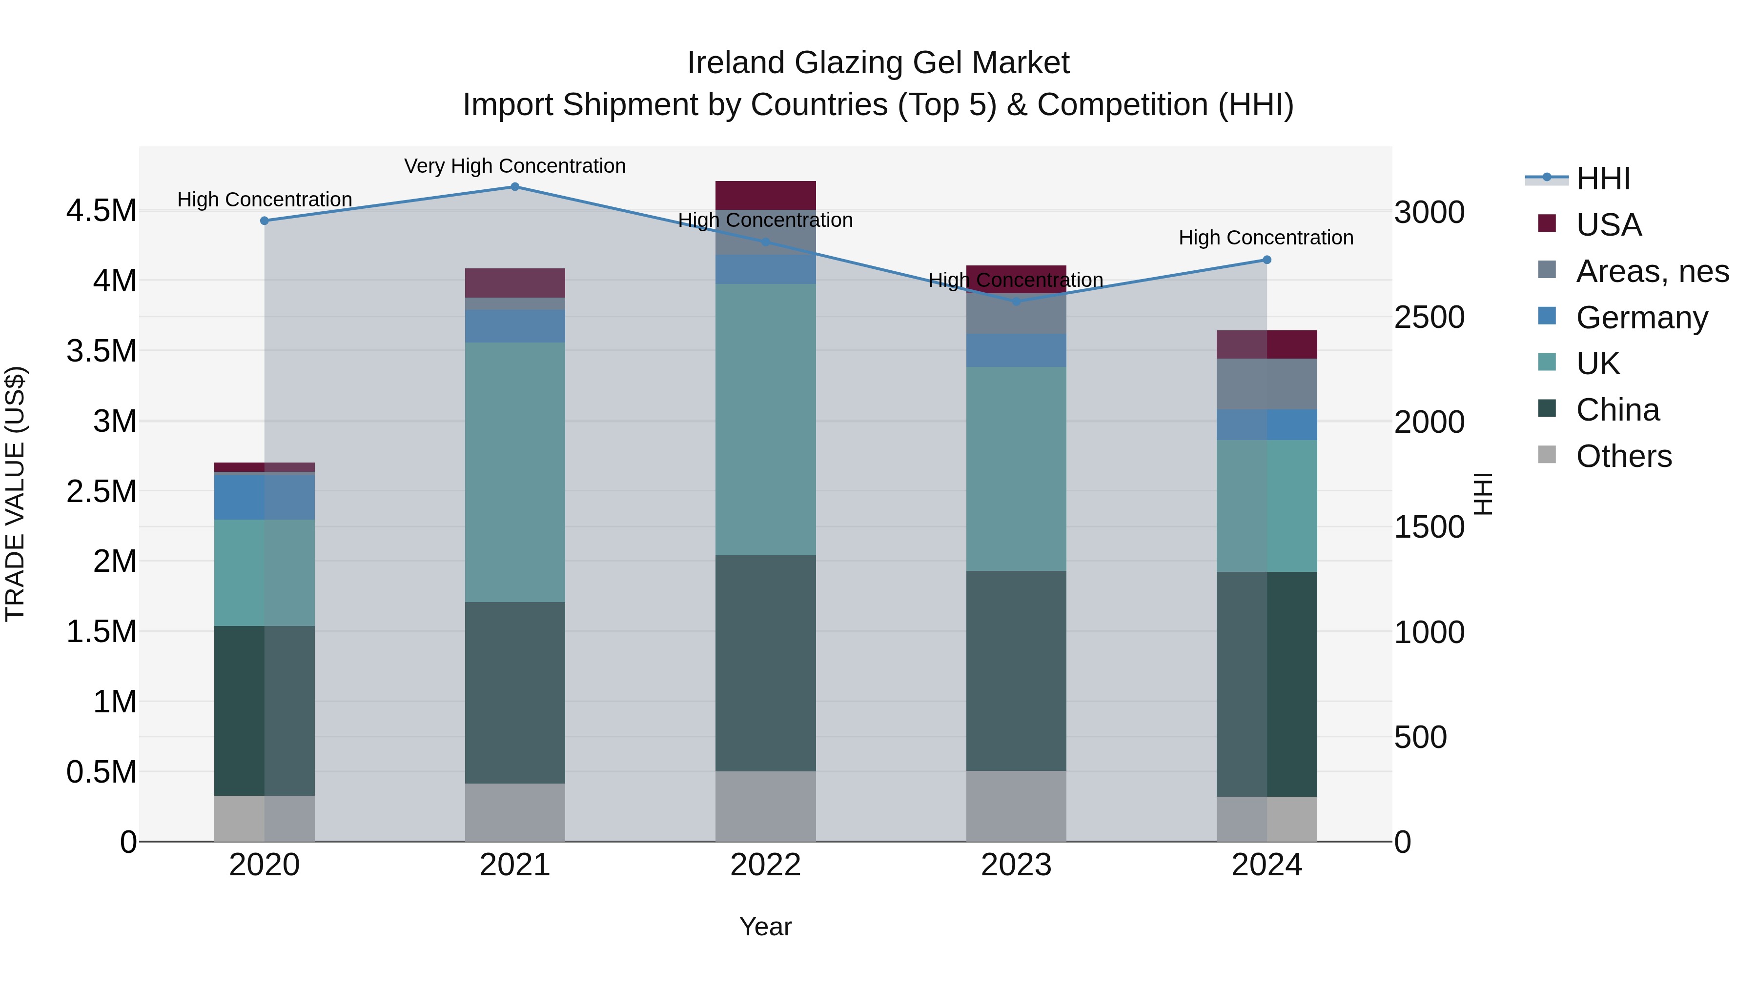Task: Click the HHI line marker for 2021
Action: point(515,187)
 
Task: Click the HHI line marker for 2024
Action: point(1267,260)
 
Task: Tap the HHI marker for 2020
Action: point(265,221)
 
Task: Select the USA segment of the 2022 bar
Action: point(765,195)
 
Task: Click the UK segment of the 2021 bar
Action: point(515,472)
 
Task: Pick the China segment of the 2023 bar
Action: point(1016,670)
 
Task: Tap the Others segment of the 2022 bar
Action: point(765,806)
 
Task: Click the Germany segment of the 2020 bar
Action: point(265,498)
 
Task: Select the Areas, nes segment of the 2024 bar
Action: point(1267,384)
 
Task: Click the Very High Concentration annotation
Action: point(515,166)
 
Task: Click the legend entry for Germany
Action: point(1641,318)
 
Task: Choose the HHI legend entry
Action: point(1602,179)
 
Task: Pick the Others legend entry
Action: point(1623,456)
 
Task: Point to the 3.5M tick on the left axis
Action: point(102,351)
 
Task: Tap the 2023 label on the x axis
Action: point(1016,865)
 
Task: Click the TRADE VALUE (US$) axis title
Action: point(15,494)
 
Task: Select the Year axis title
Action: point(765,927)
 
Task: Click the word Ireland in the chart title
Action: point(736,63)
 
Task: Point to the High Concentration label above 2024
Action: point(1266,238)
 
